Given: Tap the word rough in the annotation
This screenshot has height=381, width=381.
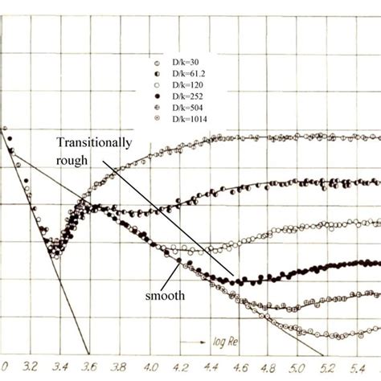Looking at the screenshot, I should point(71,158).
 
